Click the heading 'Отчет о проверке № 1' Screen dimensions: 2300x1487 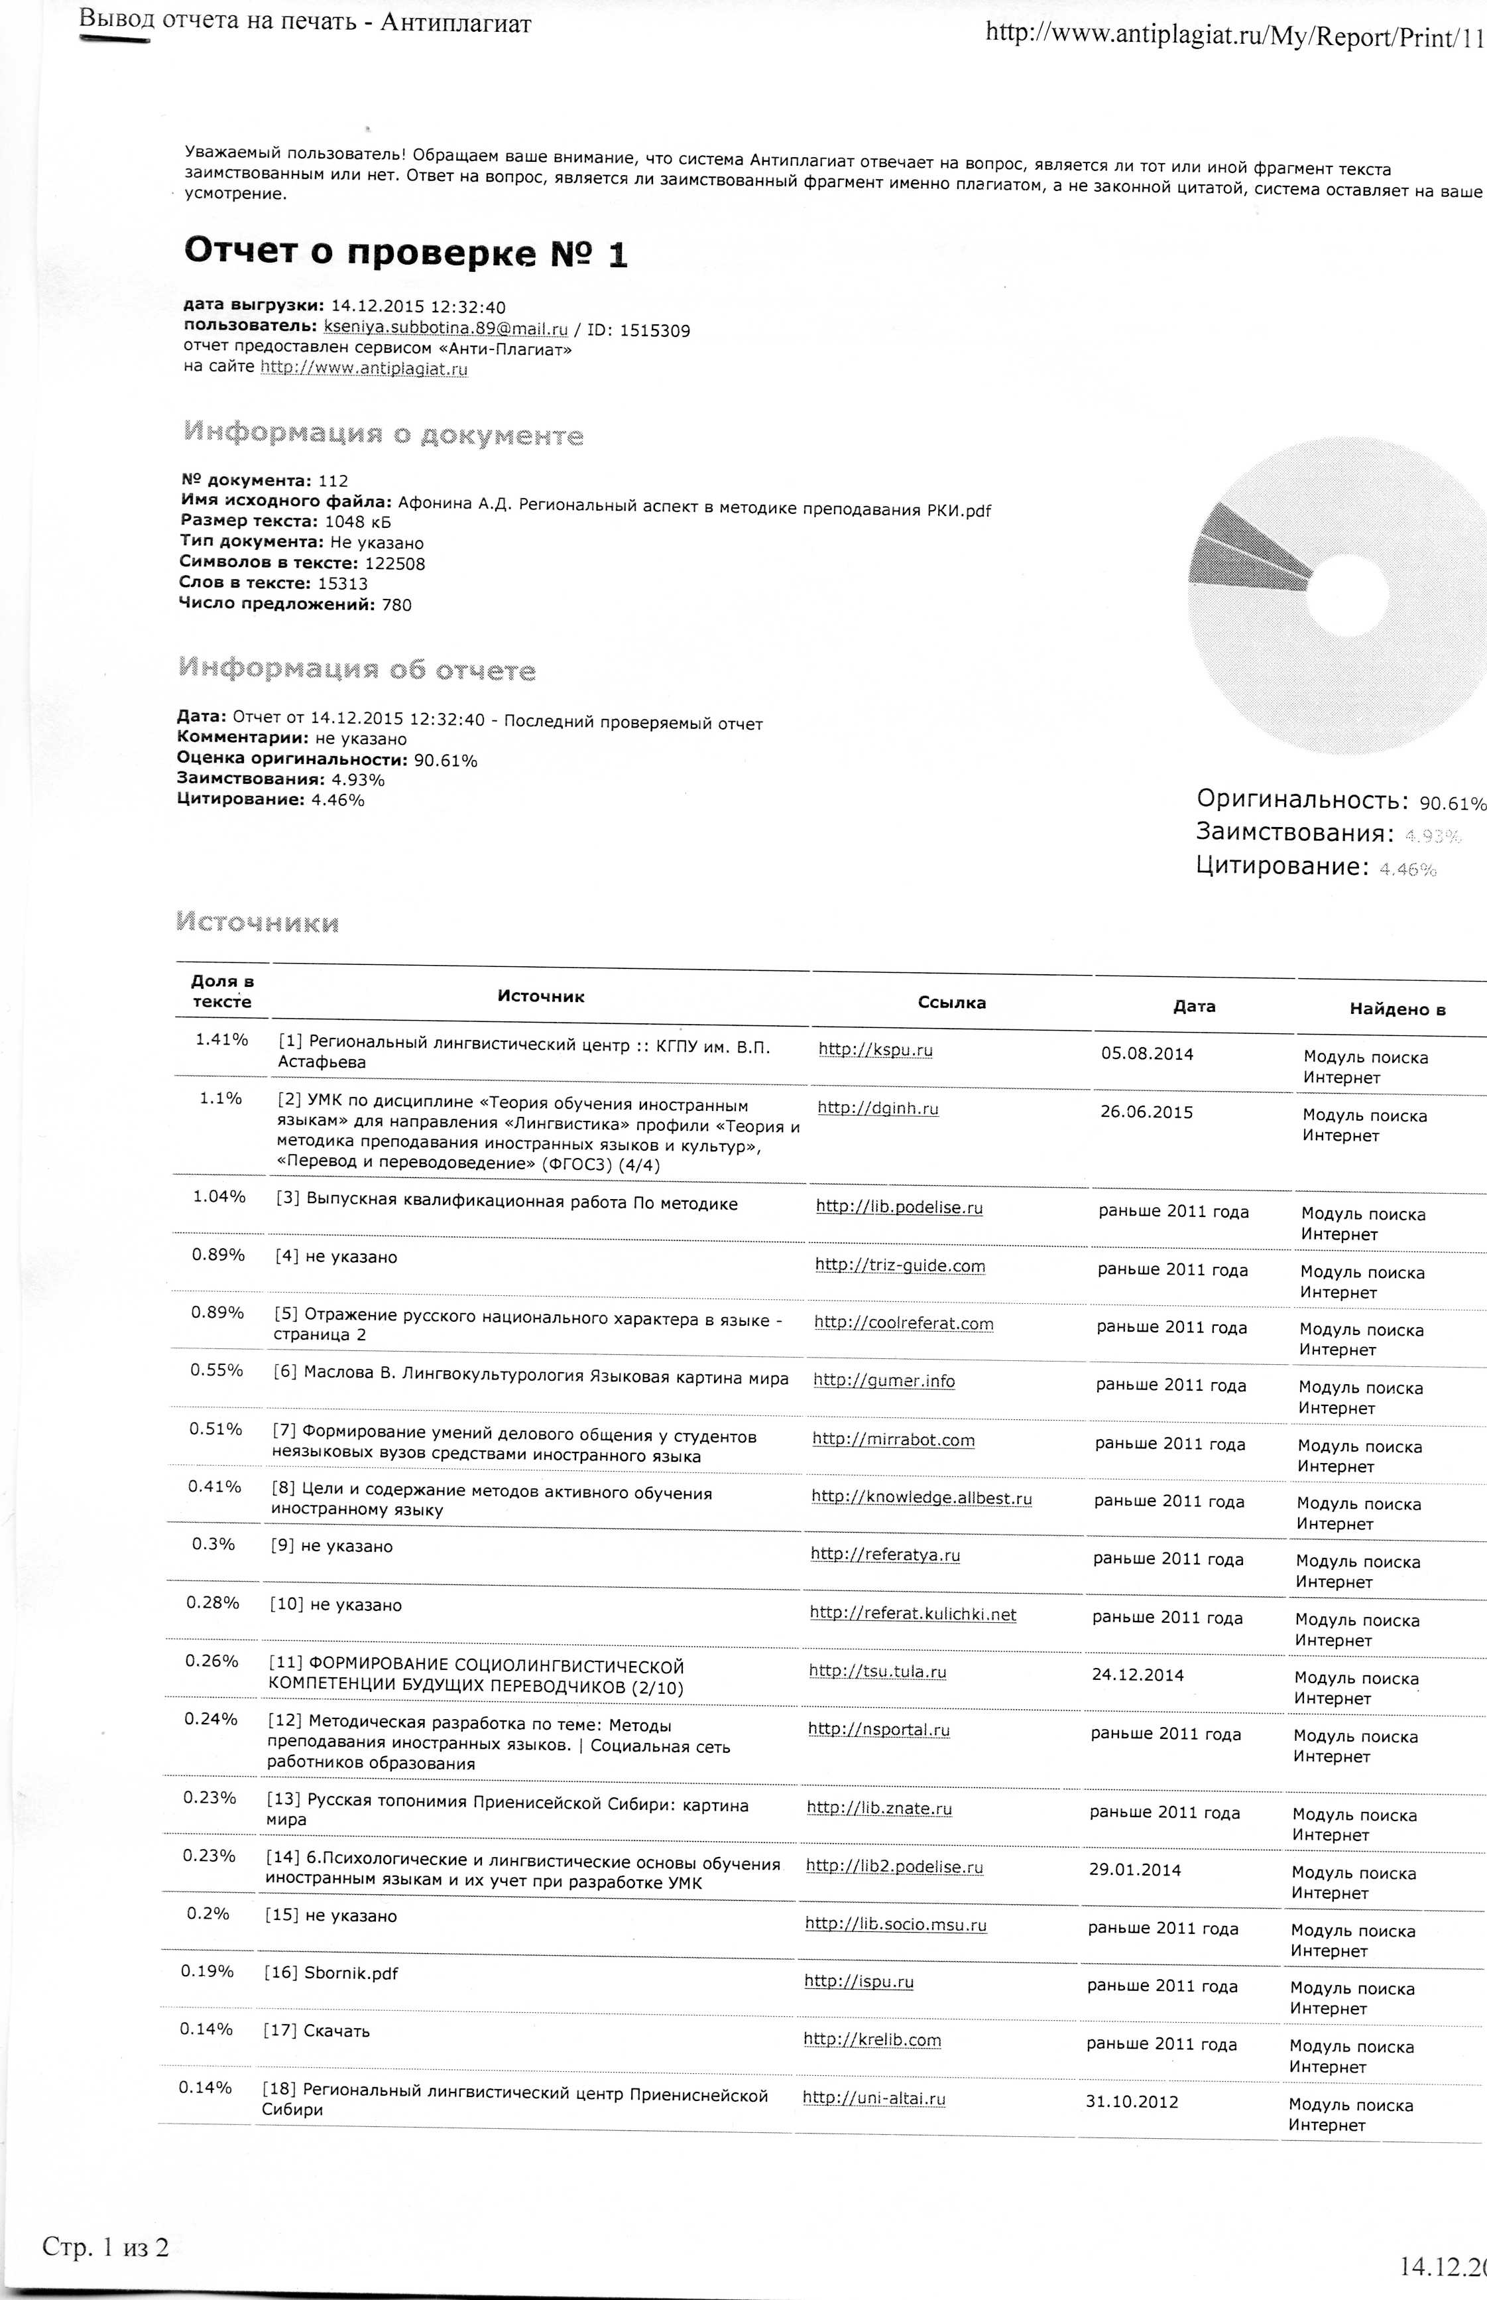[406, 253]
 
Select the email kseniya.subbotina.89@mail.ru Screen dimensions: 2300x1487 [446, 328]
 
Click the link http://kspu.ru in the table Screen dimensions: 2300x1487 [875, 1050]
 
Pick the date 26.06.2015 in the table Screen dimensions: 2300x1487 [1147, 1112]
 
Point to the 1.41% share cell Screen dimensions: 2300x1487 [221, 1039]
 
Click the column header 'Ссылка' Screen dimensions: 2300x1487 [951, 1003]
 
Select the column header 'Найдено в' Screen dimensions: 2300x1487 [1396, 1009]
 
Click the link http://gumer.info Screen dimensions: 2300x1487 [884, 1381]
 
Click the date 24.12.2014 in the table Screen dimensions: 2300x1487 [1138, 1674]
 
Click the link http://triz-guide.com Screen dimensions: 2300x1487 [899, 1265]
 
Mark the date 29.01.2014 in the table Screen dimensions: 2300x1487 [1134, 1869]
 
